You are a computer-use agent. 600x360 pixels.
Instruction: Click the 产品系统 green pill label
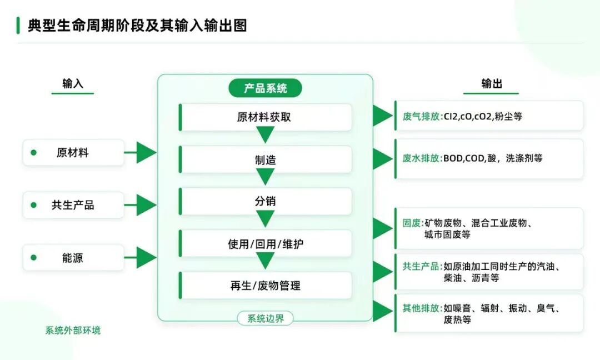[x=265, y=88]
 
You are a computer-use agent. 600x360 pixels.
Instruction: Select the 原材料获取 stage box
[x=265, y=117]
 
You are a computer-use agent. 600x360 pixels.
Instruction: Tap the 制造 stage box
[x=265, y=159]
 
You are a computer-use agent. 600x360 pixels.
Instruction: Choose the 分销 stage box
[x=265, y=201]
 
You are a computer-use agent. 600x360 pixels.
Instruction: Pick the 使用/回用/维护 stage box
[x=265, y=243]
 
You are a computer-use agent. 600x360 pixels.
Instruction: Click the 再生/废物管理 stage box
[x=265, y=286]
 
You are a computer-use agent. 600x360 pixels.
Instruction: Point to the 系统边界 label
[x=265, y=318]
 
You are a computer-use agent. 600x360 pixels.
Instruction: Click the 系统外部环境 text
[x=73, y=330]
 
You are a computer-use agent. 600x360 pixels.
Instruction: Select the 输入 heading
[x=73, y=83]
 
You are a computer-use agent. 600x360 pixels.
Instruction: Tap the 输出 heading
[x=491, y=83]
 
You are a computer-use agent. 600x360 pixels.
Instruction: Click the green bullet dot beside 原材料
[x=34, y=153]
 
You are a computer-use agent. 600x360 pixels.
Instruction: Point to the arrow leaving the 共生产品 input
[x=140, y=205]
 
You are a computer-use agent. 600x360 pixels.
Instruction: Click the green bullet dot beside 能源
[x=34, y=257]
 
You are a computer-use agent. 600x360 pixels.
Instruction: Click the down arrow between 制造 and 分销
[x=265, y=176]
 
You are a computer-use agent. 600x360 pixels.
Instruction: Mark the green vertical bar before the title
[x=18, y=25]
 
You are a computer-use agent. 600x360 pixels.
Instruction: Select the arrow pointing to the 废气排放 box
[x=383, y=116]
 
